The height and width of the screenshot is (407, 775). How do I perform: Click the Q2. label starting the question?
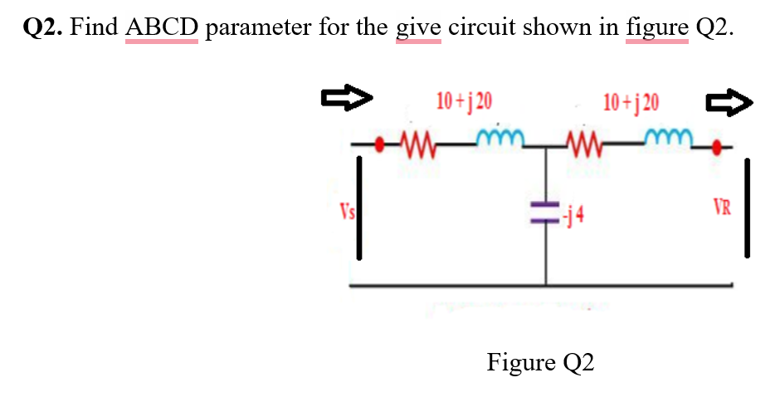43,27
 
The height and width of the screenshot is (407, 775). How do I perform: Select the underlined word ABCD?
162,27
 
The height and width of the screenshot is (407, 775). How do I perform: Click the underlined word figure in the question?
658,27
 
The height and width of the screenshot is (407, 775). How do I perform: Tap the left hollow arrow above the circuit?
344,101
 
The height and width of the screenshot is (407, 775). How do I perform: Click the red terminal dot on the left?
381,145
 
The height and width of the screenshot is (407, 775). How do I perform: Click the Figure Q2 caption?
540,363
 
